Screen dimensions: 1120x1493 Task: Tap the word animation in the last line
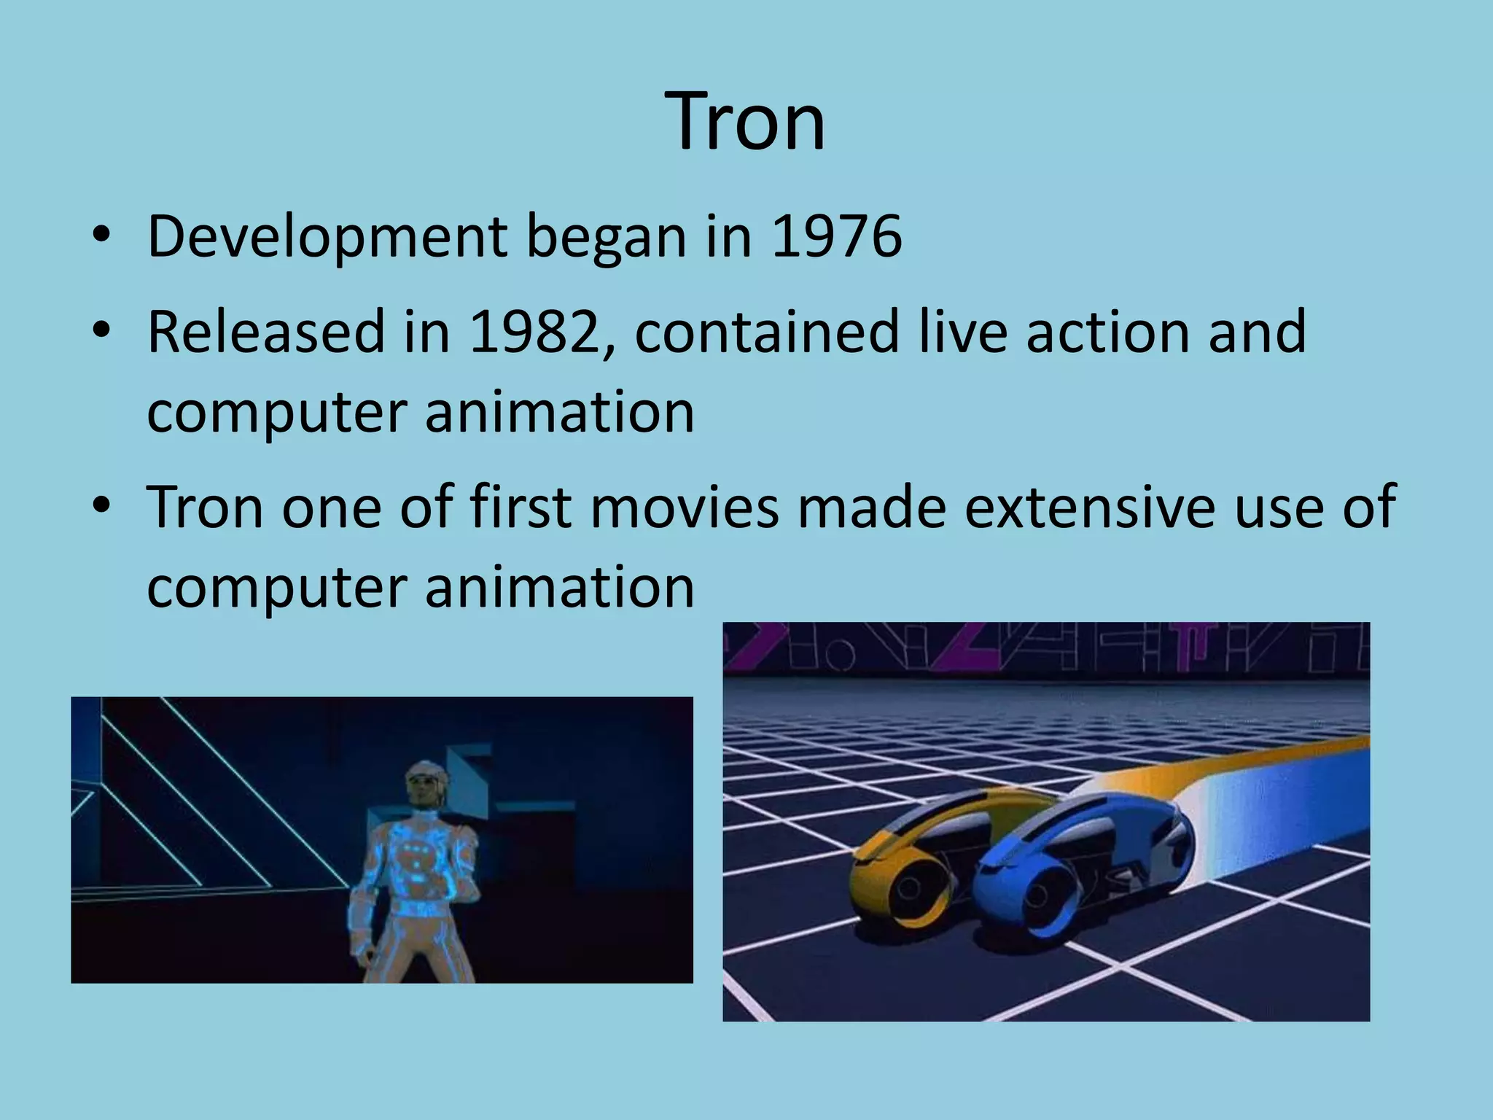click(559, 587)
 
